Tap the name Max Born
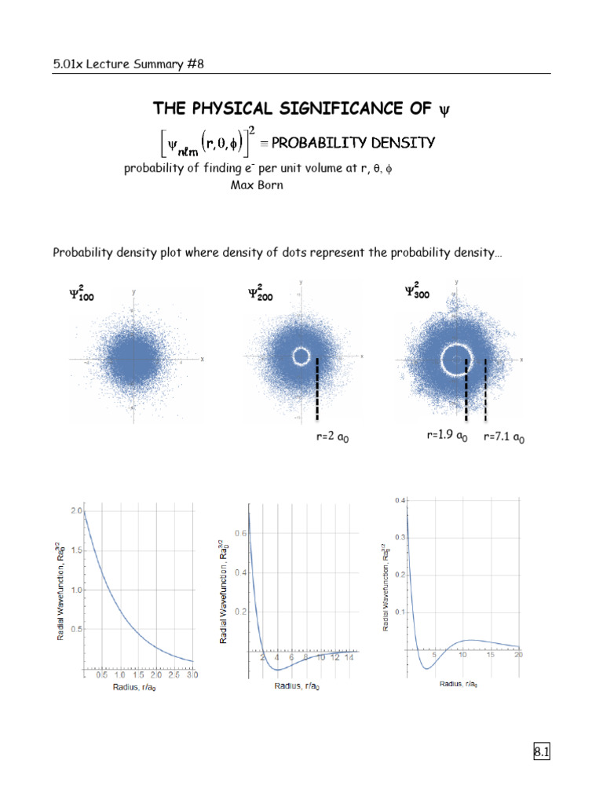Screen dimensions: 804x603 click(x=256, y=185)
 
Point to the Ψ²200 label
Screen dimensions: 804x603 click(x=263, y=294)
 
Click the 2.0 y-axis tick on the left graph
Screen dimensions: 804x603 click(x=76, y=510)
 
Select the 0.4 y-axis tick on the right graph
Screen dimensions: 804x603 click(x=400, y=500)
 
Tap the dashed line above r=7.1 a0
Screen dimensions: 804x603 click(x=485, y=389)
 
